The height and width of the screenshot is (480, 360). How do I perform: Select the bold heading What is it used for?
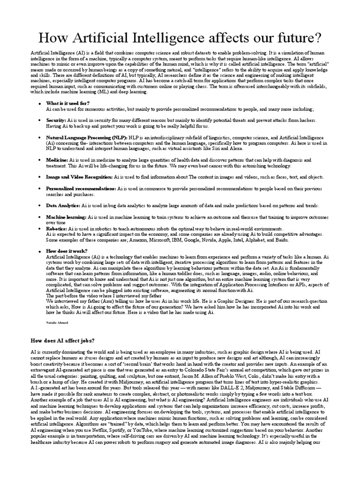pos(68,103)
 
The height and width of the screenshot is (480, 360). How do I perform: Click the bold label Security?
pos(56,120)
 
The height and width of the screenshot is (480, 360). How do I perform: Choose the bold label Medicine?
pos(57,160)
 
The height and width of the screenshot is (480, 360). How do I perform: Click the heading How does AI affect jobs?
pos(62,340)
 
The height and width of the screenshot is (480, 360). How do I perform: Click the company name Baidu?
pos(281,240)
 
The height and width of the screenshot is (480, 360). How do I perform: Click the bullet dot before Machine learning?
pos(40,217)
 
